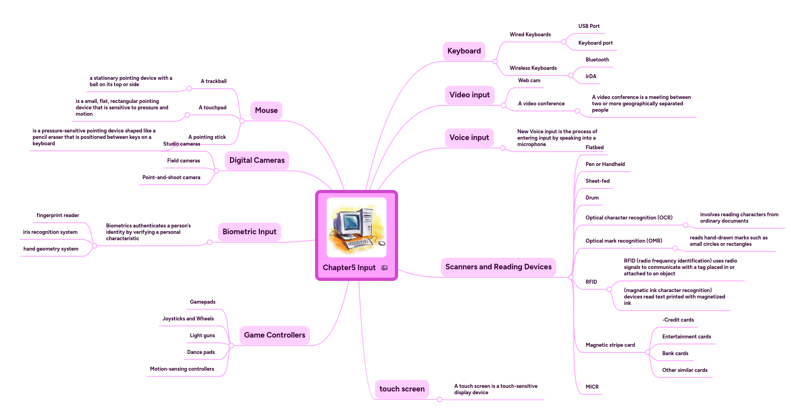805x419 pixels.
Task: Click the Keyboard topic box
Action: point(464,51)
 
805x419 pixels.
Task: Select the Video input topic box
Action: point(469,95)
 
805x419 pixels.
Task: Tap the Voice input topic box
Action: point(469,138)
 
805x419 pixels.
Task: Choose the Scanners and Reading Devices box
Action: point(498,267)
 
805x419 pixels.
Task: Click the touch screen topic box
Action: point(402,389)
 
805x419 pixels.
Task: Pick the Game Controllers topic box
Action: point(274,335)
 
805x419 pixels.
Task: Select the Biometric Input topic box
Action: point(249,232)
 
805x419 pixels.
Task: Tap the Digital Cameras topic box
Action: point(257,160)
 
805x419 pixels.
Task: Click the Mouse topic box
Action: point(266,111)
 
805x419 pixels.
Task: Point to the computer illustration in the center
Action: point(356,227)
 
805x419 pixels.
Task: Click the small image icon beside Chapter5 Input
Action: point(385,268)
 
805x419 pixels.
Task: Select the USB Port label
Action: point(589,26)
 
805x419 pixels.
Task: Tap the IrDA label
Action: point(591,77)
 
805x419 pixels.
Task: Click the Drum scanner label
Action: point(592,198)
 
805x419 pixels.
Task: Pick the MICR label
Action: point(592,387)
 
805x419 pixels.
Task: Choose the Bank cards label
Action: point(675,354)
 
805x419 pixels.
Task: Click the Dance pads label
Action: point(201,352)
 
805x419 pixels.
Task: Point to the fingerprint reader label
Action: point(58,215)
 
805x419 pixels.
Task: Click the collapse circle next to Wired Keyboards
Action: point(564,42)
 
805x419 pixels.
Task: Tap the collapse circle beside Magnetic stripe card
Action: point(648,352)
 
